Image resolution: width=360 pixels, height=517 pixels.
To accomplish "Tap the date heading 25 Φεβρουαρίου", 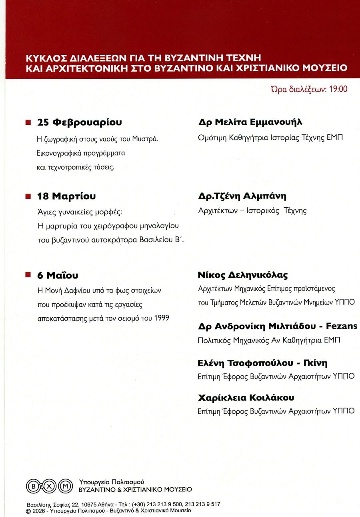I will [x=79, y=122].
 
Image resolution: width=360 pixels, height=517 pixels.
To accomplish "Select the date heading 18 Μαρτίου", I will [x=66, y=196].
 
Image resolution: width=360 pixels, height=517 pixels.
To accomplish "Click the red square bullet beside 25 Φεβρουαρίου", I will [x=28, y=122].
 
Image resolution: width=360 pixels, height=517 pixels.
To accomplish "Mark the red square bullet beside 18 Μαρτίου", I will [x=28, y=196].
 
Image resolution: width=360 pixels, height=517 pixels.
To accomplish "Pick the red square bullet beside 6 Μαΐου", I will [x=28, y=275].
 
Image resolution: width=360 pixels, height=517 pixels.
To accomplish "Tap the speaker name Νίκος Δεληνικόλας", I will [x=243, y=275].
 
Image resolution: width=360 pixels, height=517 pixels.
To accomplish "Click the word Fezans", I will [x=342, y=326].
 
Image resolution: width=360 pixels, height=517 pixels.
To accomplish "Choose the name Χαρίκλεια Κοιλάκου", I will [x=246, y=398].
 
